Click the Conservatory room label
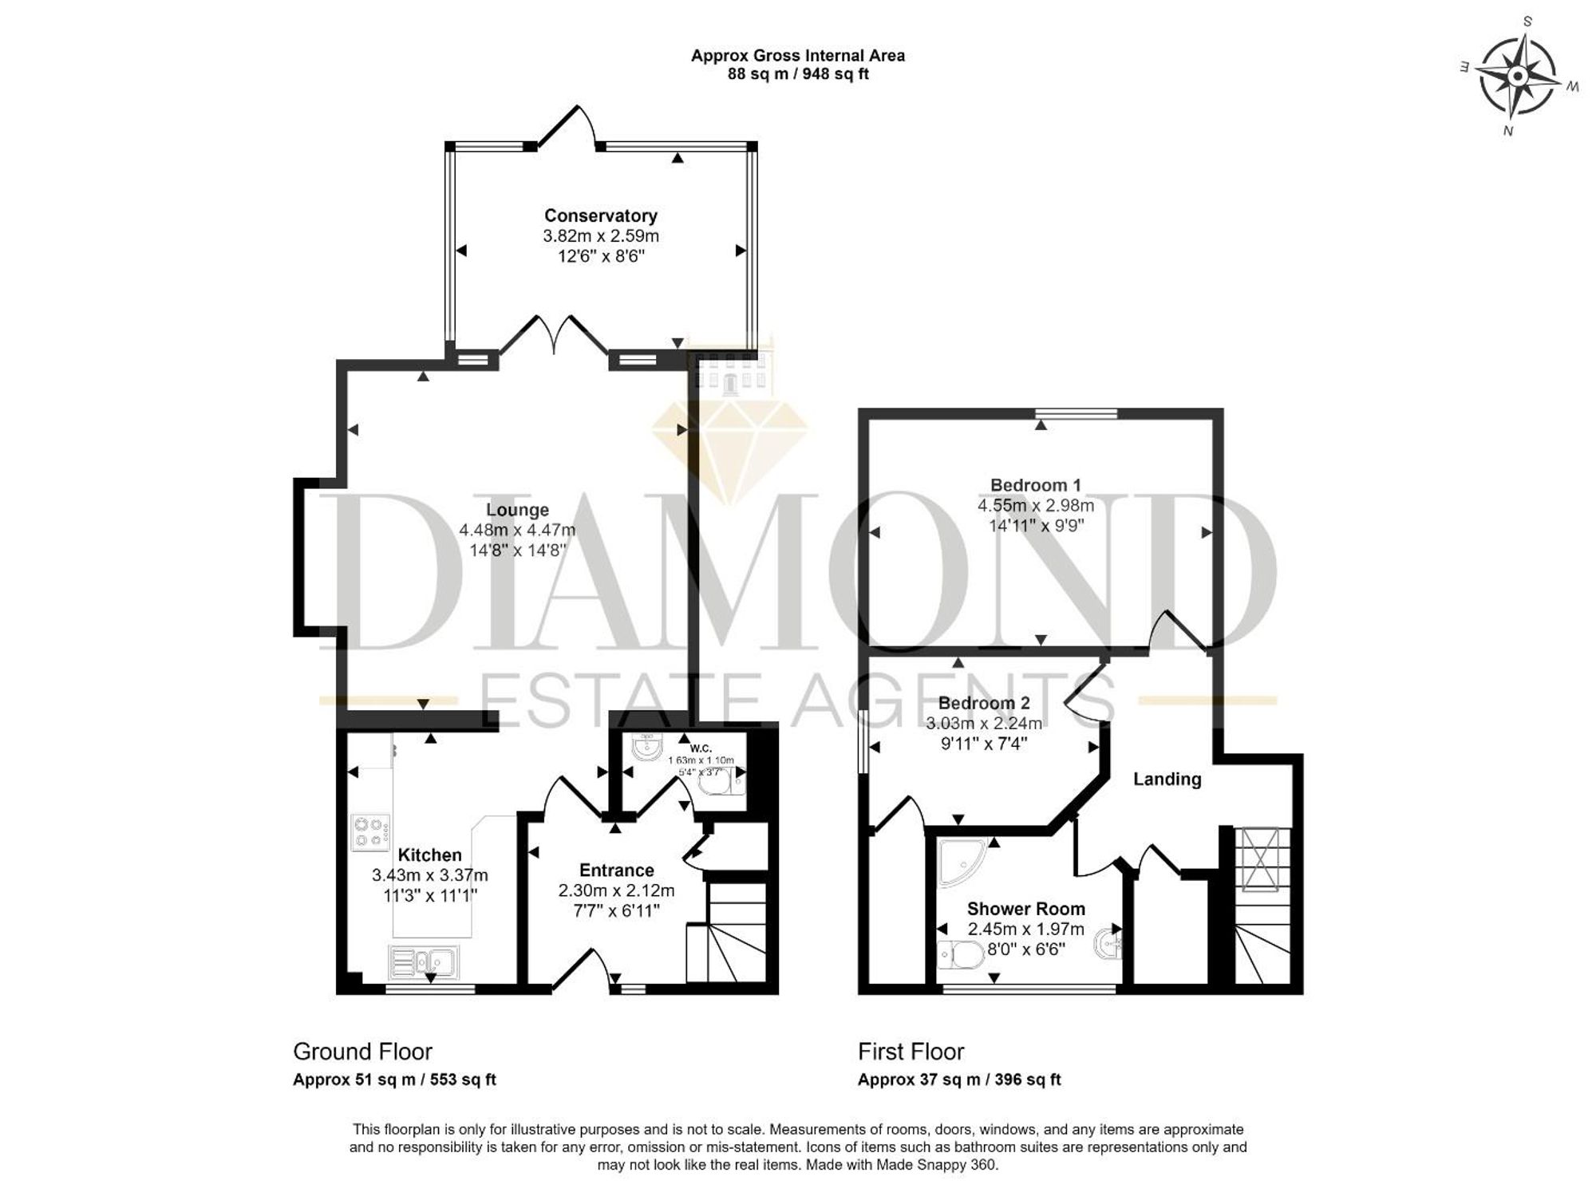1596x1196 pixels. click(x=600, y=215)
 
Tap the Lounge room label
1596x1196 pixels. click(x=518, y=510)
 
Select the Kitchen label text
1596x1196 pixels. click(x=429, y=855)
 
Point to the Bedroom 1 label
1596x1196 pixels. click(x=1035, y=485)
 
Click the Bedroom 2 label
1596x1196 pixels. click(x=984, y=703)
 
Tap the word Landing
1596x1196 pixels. click(x=1167, y=779)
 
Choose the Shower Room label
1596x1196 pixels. click(x=1025, y=909)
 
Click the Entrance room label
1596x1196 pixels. click(x=616, y=870)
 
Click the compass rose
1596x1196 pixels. click(x=1517, y=77)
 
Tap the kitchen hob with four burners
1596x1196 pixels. click(x=371, y=831)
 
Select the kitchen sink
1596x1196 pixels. click(x=423, y=962)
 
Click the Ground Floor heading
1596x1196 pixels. click(x=362, y=1052)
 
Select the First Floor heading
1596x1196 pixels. click(x=911, y=1052)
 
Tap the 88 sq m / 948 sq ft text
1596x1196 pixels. click(x=798, y=74)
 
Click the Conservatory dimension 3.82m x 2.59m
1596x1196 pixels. click(x=601, y=236)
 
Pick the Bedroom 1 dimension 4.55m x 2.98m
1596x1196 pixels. click(x=1036, y=506)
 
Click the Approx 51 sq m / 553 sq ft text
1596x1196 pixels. click(x=394, y=1080)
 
